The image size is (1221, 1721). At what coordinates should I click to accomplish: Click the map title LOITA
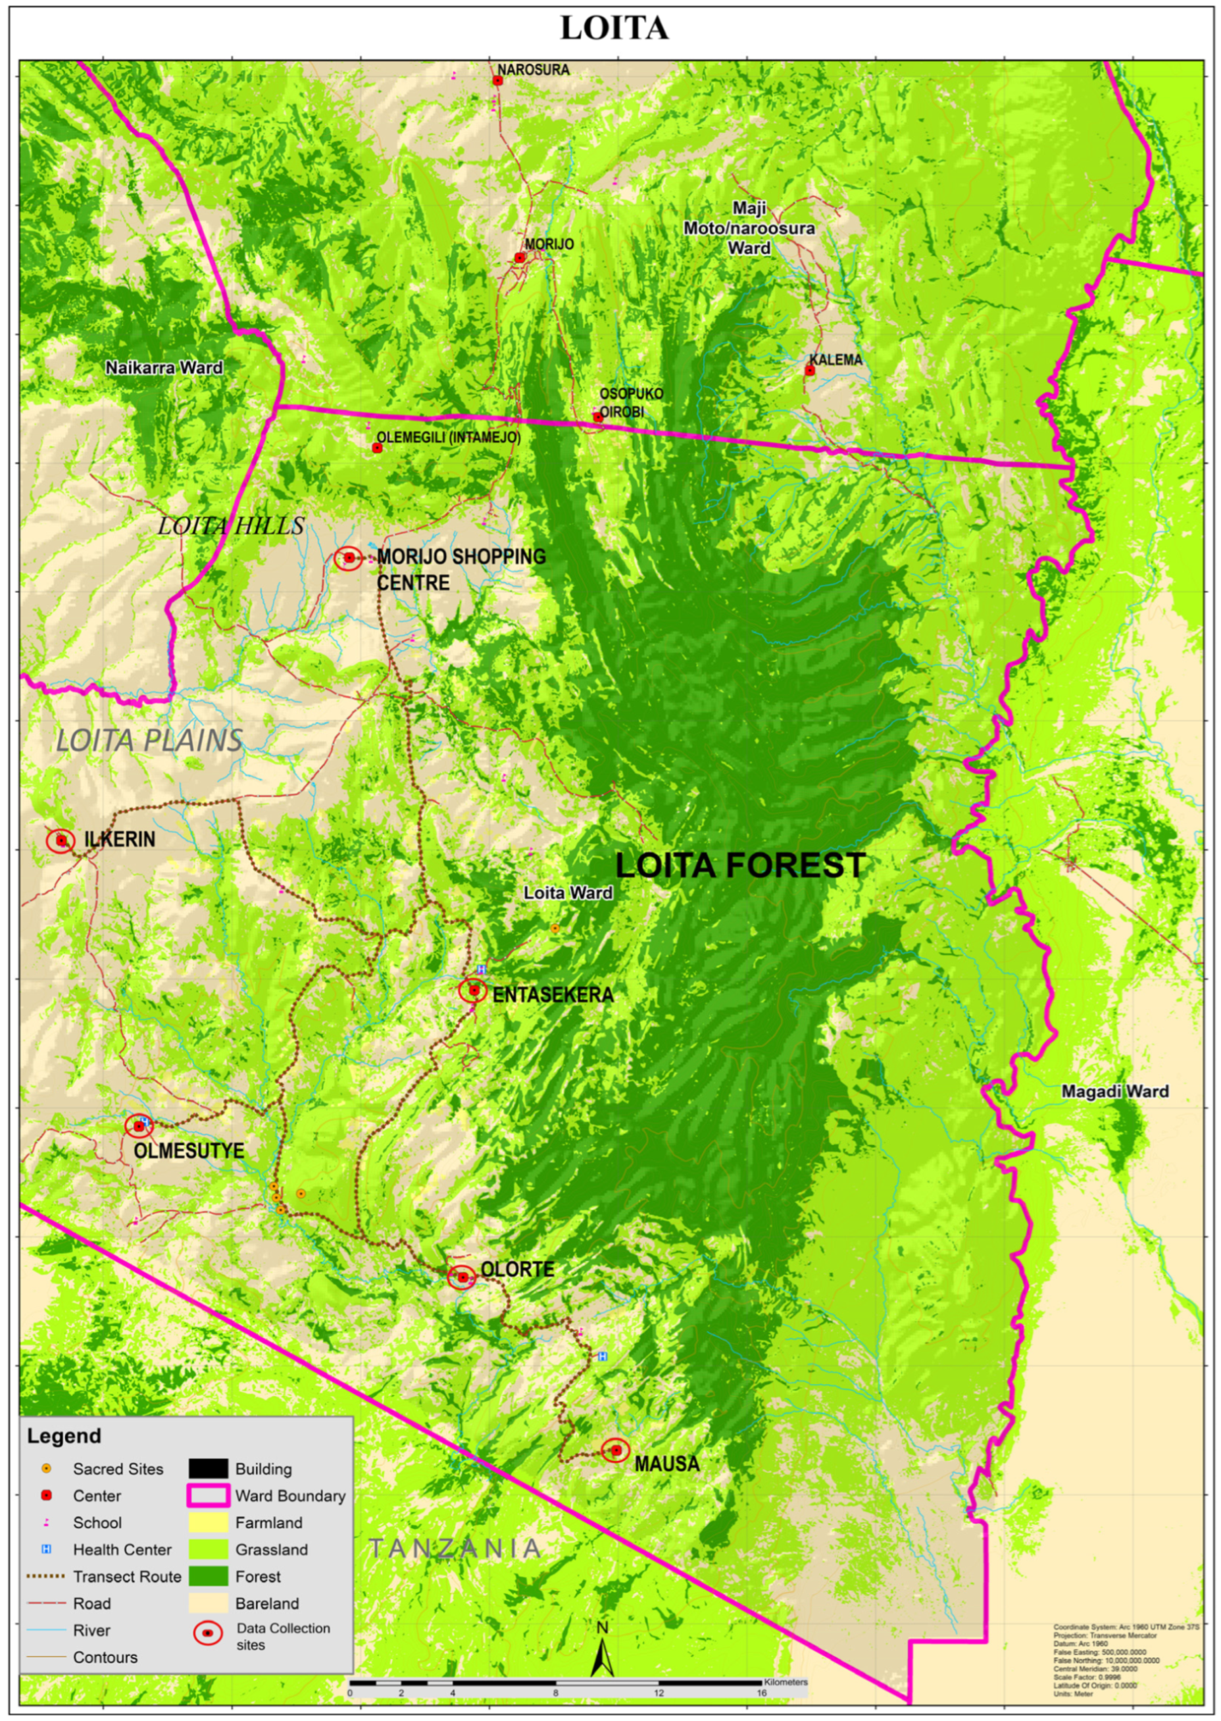pyautogui.click(x=614, y=28)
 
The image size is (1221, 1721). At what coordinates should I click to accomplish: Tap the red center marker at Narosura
pyautogui.click(x=497, y=80)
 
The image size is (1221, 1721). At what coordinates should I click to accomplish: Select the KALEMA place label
pyautogui.click(x=835, y=359)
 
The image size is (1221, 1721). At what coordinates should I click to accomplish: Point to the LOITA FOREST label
pyautogui.click(x=741, y=865)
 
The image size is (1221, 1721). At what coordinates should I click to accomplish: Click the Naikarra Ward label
pyautogui.click(x=164, y=368)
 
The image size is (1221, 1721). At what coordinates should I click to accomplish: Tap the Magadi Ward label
pyautogui.click(x=1114, y=1091)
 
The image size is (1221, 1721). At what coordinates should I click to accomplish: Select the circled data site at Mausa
pyautogui.click(x=616, y=1449)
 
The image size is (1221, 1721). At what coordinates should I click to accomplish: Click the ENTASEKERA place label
pyautogui.click(x=553, y=994)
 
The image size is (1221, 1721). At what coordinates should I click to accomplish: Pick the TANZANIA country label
pyautogui.click(x=455, y=1548)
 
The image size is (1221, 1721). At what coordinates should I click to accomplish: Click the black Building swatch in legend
pyautogui.click(x=209, y=1468)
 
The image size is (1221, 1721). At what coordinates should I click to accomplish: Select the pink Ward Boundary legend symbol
pyautogui.click(x=209, y=1495)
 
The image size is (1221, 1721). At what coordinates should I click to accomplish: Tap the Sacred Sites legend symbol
pyautogui.click(x=47, y=1468)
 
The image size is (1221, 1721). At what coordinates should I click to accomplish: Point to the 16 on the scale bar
pyautogui.click(x=761, y=1693)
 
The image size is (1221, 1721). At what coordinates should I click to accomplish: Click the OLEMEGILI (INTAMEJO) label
pyautogui.click(x=448, y=437)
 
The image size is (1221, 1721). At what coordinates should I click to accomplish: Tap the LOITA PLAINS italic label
pyautogui.click(x=149, y=740)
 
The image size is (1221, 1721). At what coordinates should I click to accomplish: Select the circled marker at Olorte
pyautogui.click(x=462, y=1277)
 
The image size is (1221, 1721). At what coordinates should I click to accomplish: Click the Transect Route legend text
pyautogui.click(x=127, y=1576)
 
